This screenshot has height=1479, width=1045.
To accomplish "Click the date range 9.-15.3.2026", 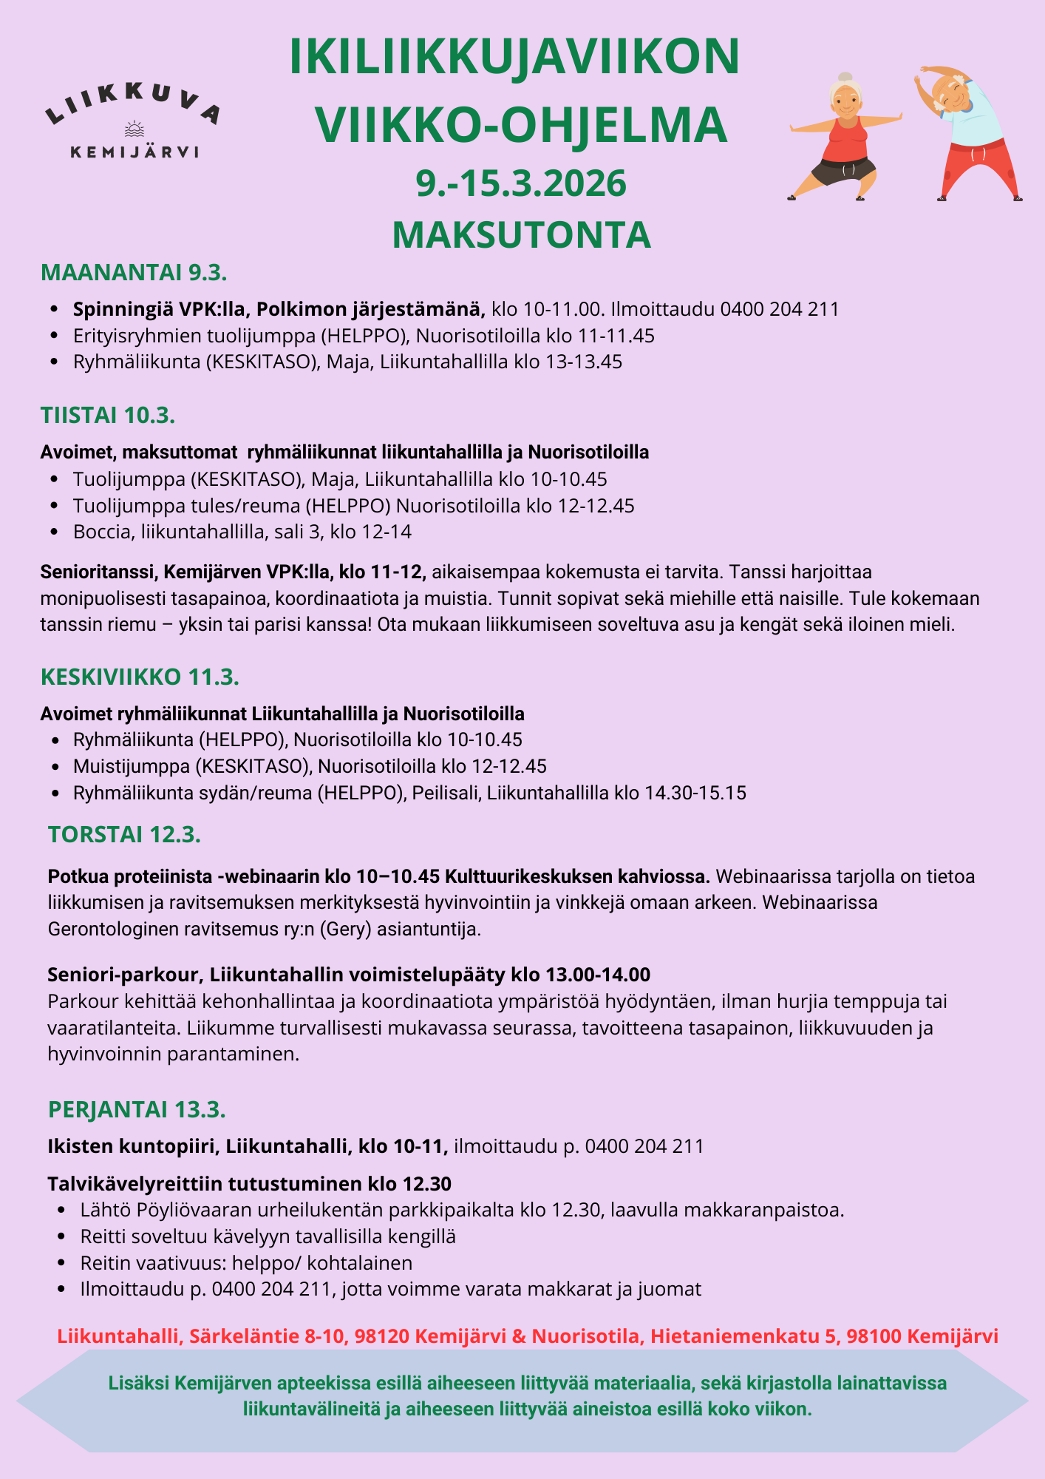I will tap(521, 183).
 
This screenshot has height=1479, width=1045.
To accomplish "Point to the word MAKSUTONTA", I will tap(521, 234).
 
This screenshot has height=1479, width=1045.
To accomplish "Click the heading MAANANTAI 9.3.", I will tap(134, 272).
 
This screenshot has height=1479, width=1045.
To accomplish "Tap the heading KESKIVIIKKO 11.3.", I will tap(140, 677).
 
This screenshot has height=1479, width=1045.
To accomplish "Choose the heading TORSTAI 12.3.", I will tap(124, 835).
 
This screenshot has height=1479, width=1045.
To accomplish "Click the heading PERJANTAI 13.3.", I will tap(137, 1109).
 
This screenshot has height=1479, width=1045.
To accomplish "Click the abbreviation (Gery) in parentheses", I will tap(346, 929).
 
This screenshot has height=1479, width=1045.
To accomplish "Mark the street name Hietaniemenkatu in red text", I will tap(744, 1336).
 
